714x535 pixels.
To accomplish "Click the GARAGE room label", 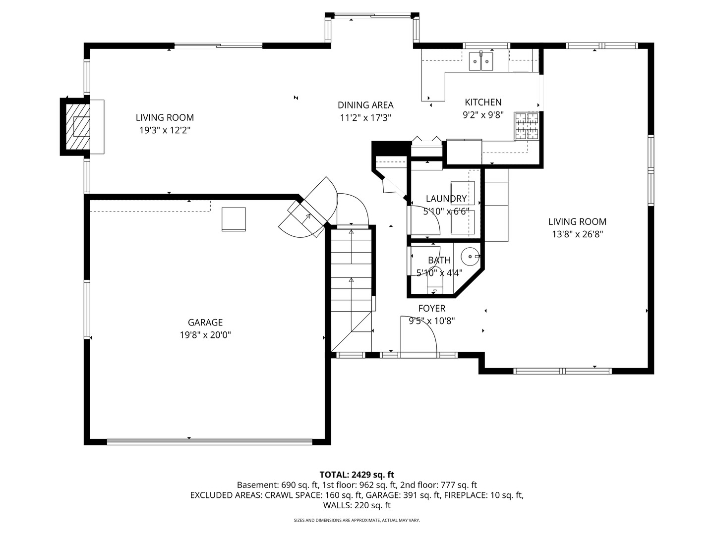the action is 205,322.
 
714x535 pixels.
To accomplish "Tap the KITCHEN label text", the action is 483,103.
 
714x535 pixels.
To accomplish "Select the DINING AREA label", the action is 365,105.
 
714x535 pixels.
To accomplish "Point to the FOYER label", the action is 432,308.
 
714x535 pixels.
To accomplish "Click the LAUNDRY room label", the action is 446,199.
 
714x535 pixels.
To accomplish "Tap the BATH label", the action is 439,260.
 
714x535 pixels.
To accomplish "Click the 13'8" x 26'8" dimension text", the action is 577,234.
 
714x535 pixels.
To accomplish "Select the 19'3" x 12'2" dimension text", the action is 165,130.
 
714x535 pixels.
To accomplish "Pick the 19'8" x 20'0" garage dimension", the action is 205,335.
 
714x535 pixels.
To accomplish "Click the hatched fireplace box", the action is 78,127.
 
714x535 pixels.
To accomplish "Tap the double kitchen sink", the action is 481,61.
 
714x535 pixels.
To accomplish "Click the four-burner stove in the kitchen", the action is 526,126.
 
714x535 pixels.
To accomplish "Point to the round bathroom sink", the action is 470,257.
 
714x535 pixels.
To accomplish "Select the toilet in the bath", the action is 434,281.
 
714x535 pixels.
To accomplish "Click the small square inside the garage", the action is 234,219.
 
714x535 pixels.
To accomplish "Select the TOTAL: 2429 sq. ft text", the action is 357,475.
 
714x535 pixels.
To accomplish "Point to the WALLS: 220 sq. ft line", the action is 357,505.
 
